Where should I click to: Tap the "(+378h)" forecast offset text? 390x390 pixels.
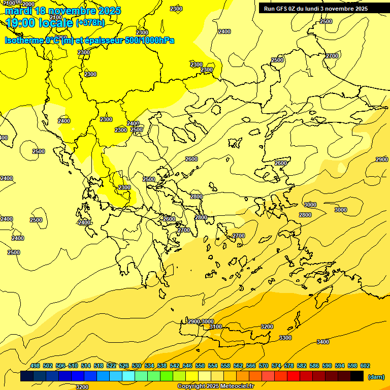(90, 23)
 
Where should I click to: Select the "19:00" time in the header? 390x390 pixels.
(18, 23)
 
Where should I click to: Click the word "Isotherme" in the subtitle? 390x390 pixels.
(23, 40)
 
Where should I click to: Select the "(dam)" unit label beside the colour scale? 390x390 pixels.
(376, 376)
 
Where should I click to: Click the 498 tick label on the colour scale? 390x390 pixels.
(35, 366)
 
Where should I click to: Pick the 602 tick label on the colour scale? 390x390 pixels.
(365, 366)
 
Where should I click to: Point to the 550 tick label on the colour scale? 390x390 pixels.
(200, 366)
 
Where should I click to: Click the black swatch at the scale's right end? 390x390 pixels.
(357, 376)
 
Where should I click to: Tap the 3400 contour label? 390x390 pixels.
(323, 342)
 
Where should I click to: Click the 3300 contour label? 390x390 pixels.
(285, 338)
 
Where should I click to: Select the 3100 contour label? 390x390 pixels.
(216, 327)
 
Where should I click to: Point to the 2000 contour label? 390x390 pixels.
(28, 4)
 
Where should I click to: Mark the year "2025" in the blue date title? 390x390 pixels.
(109, 11)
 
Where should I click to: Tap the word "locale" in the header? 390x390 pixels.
(56, 23)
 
